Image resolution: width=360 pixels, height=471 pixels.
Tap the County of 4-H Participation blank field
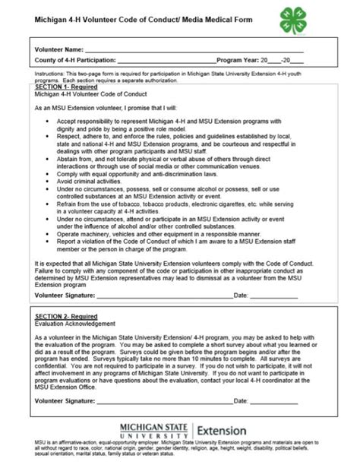(167, 59)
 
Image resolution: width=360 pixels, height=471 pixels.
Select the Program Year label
(238, 58)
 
